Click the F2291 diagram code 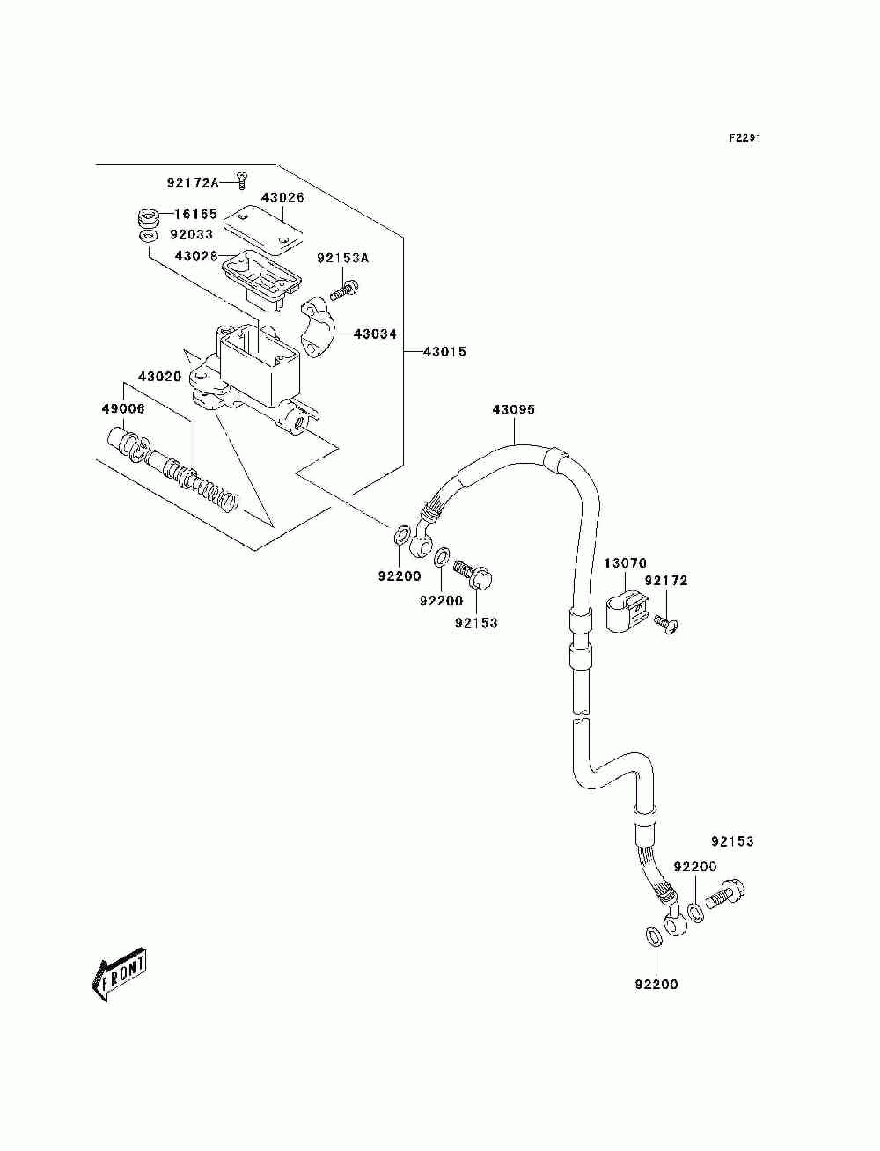(x=744, y=138)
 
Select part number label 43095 (x=513, y=409)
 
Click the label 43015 (x=444, y=351)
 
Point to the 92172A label (x=193, y=182)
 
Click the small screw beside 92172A (x=241, y=181)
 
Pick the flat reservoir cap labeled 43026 (x=263, y=231)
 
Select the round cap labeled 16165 (x=148, y=218)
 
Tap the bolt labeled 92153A (x=344, y=291)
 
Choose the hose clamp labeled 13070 (x=627, y=611)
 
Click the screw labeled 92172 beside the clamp (x=666, y=625)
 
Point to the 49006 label (x=123, y=408)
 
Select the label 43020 (x=160, y=377)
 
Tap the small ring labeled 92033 (x=149, y=237)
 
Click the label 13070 (x=626, y=564)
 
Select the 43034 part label (x=376, y=334)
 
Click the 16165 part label (x=195, y=214)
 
